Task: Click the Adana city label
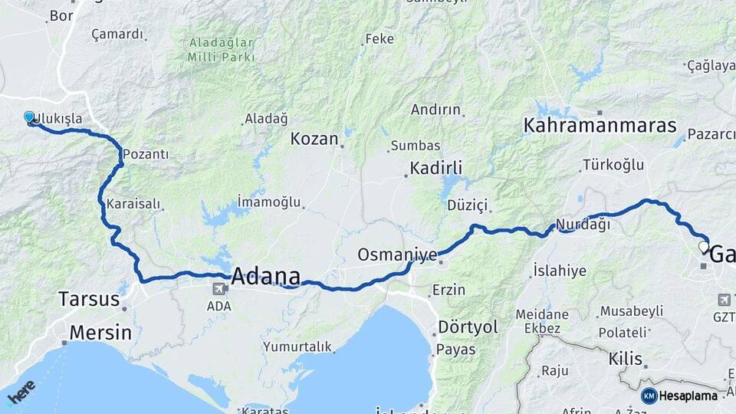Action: pos(264,276)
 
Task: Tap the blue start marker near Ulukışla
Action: pos(29,117)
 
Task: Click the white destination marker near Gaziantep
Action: pos(704,248)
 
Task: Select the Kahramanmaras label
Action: pos(600,126)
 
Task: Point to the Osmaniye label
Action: pos(397,254)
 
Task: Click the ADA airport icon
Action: pos(219,290)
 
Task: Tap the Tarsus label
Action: pos(89,298)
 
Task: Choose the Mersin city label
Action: pos(100,333)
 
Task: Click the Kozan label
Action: pos(314,139)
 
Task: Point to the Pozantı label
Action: pos(146,153)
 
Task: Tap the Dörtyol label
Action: pos(468,327)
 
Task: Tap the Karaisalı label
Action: pos(134,204)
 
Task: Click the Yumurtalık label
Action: pos(297,347)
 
